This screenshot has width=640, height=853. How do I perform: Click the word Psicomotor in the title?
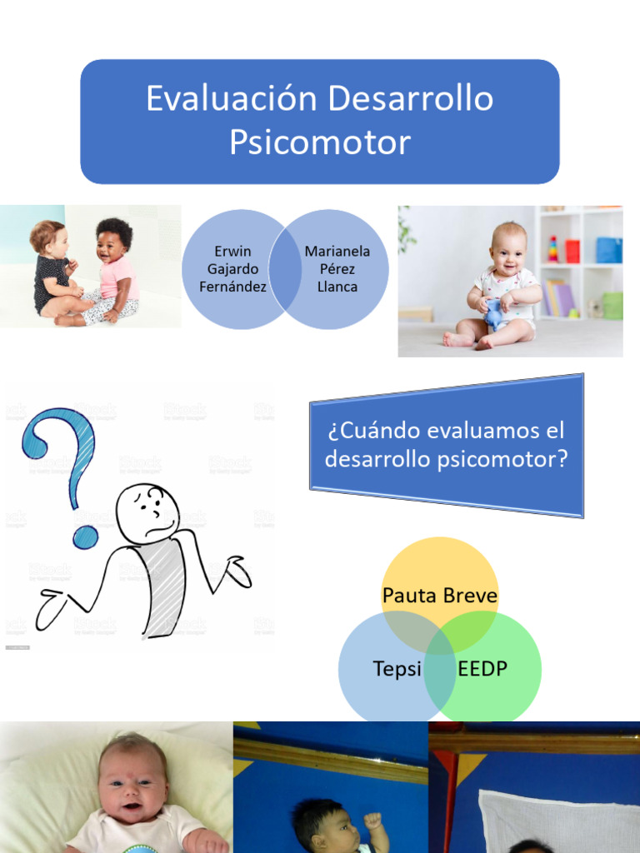tap(320, 142)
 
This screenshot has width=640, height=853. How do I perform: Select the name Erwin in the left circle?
tap(232, 251)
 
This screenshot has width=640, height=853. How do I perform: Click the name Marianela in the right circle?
tap(337, 251)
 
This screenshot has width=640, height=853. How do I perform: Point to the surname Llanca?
tap(337, 287)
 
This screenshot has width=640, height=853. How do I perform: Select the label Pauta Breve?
tap(440, 596)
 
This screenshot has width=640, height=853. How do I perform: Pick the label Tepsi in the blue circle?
tap(397, 669)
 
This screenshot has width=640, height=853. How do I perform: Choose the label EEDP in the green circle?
tap(482, 669)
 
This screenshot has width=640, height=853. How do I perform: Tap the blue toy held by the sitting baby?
tap(495, 315)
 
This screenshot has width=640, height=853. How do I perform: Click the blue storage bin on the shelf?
tap(608, 250)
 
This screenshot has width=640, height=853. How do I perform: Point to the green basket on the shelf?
tap(612, 305)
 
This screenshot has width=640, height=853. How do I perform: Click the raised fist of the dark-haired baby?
tap(372, 821)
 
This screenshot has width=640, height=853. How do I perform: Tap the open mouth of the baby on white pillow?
tap(132, 806)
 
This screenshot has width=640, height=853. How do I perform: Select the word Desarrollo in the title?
tap(410, 99)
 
